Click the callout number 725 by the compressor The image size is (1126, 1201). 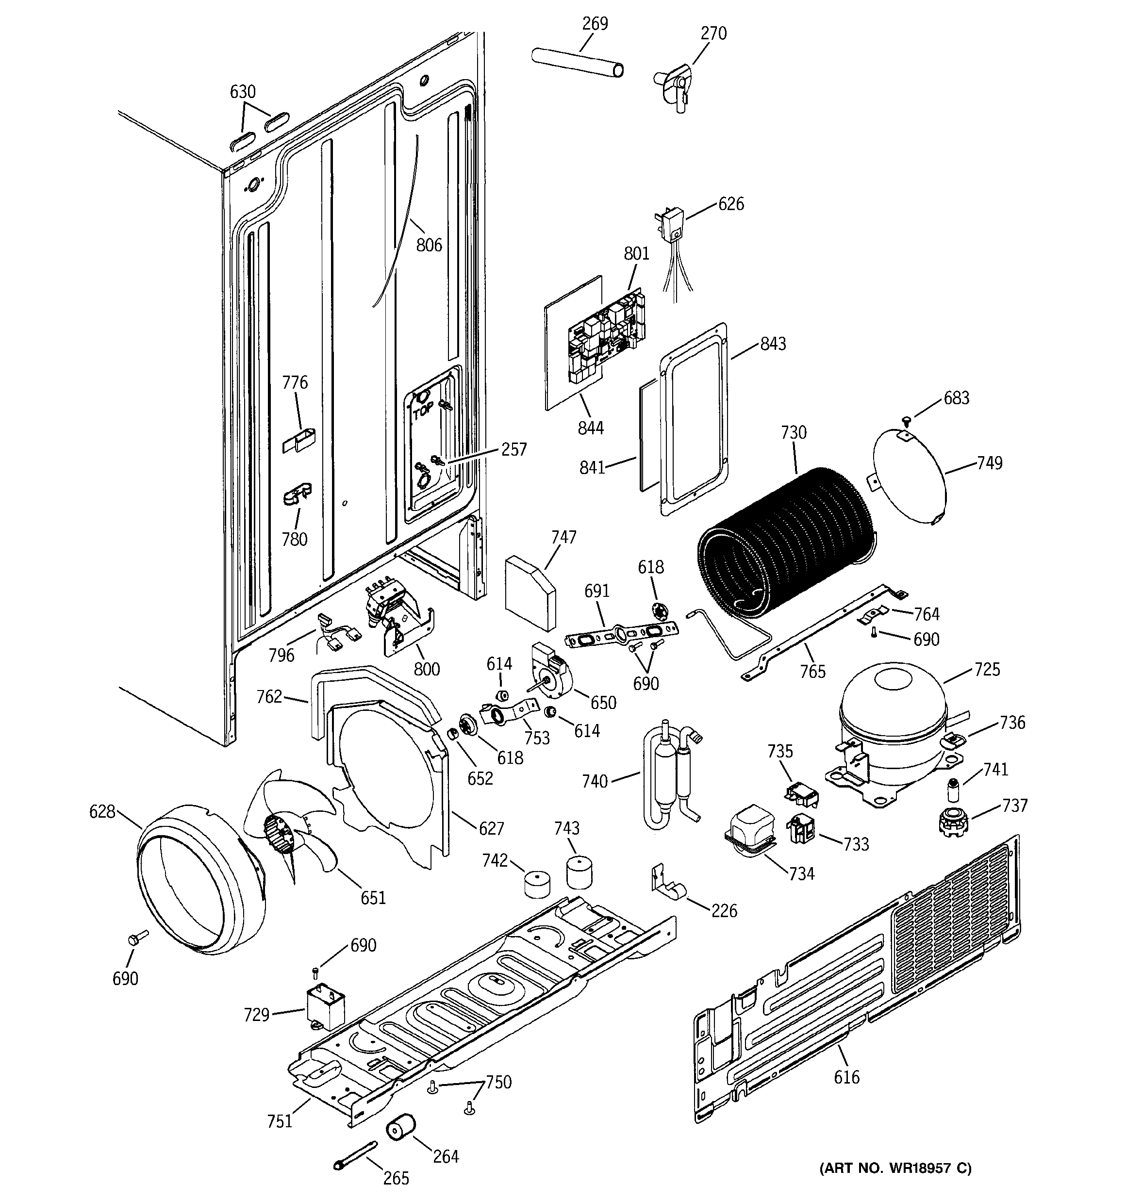point(987,669)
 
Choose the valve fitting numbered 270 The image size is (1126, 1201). point(674,84)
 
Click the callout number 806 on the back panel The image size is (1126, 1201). point(429,245)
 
